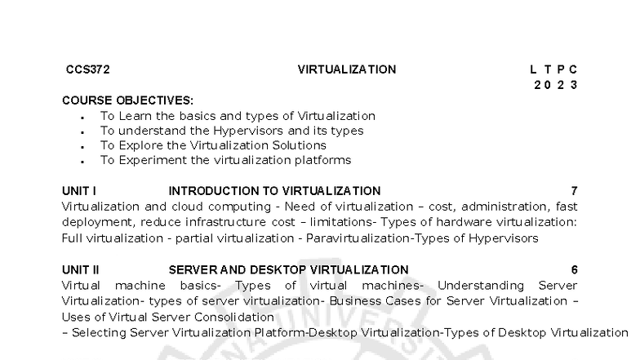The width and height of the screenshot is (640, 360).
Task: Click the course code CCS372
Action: pyautogui.click(x=88, y=69)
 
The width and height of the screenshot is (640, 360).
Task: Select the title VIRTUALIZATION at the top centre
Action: pyautogui.click(x=347, y=69)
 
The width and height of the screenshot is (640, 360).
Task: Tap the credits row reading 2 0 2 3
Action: pyautogui.click(x=555, y=85)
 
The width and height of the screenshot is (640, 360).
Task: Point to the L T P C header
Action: pyautogui.click(x=553, y=69)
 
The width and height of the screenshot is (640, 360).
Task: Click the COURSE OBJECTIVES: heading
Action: pyautogui.click(x=127, y=100)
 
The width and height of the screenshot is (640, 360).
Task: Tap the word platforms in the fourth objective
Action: pyautogui.click(x=323, y=160)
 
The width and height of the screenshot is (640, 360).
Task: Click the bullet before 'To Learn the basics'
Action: pyautogui.click(x=83, y=118)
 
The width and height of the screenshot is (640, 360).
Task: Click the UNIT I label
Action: pyautogui.click(x=79, y=191)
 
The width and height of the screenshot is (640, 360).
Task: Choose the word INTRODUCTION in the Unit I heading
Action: pyautogui.click(x=214, y=191)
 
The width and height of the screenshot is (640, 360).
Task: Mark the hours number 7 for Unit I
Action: pyautogui.click(x=575, y=191)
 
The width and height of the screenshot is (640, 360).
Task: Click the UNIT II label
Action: pyautogui.click(x=80, y=269)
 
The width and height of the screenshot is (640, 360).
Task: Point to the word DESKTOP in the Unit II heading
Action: pyautogui.click(x=278, y=269)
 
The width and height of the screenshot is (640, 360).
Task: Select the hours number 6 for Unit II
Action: pyautogui.click(x=575, y=269)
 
